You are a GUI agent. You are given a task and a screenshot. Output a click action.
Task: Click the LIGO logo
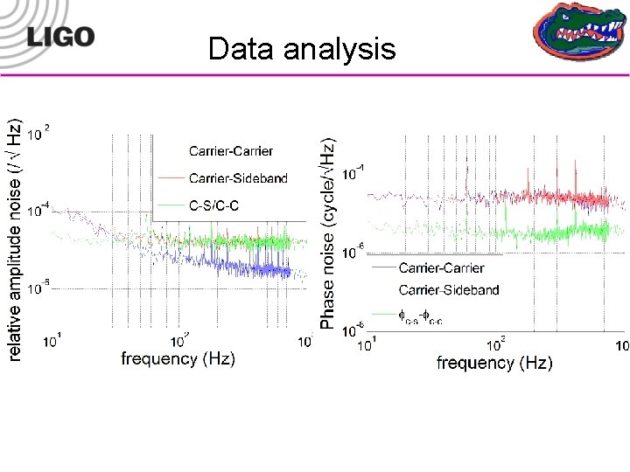59,36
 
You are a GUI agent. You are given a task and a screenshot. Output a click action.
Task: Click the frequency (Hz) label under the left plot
178,358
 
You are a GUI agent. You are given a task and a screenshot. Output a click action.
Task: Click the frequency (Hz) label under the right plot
494,363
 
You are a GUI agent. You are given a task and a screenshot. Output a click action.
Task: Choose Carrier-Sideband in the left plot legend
238,178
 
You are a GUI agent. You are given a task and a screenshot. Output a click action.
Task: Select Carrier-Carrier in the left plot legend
231,151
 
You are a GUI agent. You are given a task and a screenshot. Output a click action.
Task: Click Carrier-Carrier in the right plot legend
441,267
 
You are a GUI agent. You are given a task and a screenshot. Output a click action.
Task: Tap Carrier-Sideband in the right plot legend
449,289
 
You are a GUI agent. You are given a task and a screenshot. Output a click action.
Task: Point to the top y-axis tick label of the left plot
38,134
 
